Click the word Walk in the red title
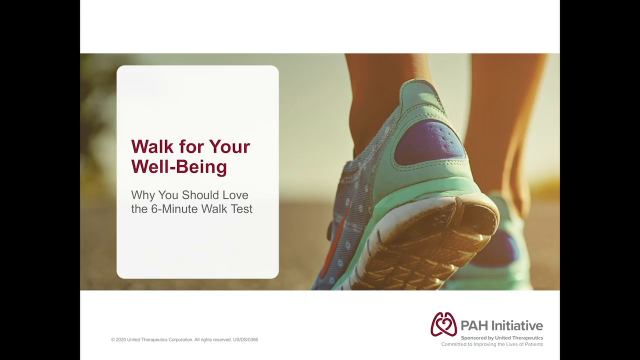coord(152,146)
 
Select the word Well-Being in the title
coord(179,167)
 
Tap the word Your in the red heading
coord(229,146)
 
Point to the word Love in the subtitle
coord(235,195)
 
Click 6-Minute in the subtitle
coord(174,209)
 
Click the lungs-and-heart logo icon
coord(443,324)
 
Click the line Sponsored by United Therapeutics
coord(502,337)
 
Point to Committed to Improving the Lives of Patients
coord(492,344)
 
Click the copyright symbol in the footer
coord(113,339)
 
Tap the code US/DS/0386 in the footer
coord(245,339)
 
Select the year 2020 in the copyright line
coord(121,339)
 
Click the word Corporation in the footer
coord(180,339)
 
